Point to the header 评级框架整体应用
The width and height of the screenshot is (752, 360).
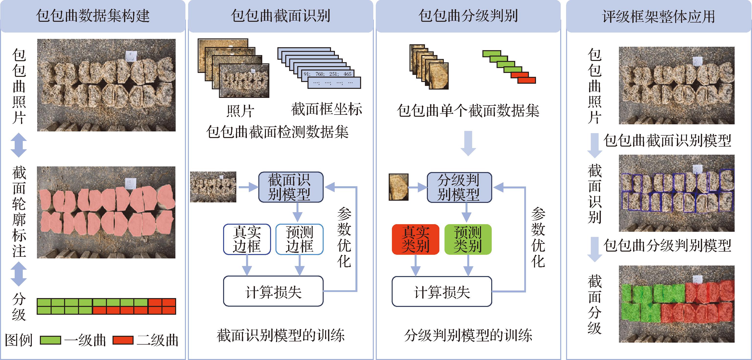click(x=659, y=16)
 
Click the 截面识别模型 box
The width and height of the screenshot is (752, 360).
click(x=291, y=187)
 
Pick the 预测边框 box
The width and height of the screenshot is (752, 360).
click(x=299, y=239)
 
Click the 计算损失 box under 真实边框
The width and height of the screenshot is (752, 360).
click(x=273, y=291)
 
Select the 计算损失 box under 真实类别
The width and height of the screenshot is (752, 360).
click(x=442, y=292)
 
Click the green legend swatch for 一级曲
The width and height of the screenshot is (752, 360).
click(x=50, y=340)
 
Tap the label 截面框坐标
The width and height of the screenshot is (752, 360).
click(x=326, y=109)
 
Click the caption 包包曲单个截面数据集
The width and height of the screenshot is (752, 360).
click(x=468, y=111)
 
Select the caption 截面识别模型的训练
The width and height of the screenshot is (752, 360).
click(x=281, y=335)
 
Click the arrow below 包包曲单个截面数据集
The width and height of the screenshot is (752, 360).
click(x=468, y=143)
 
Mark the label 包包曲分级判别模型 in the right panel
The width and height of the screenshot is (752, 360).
click(x=667, y=245)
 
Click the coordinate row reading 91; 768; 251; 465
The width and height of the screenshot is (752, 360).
click(x=328, y=74)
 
